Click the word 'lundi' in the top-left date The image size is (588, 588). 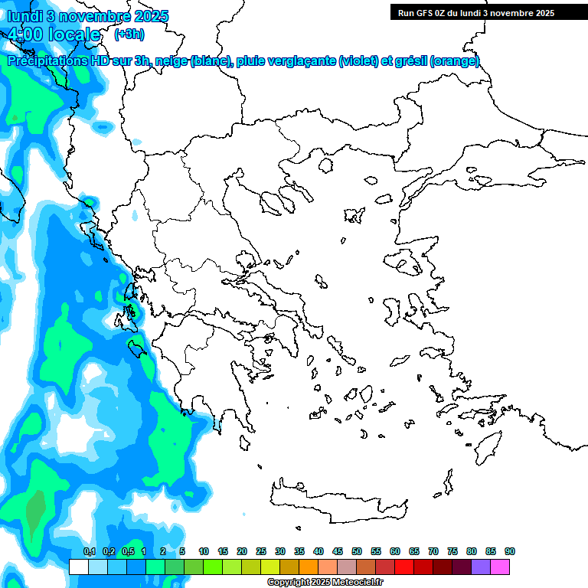(24, 16)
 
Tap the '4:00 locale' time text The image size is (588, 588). (54, 34)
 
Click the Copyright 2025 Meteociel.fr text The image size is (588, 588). (326, 582)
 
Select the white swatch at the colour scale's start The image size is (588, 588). (78, 567)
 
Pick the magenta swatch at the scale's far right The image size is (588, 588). (500, 567)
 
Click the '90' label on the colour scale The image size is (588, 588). (509, 551)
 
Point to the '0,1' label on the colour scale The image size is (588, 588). (89, 551)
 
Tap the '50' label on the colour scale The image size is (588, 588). (357, 551)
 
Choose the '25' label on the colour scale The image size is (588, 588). (261, 551)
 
